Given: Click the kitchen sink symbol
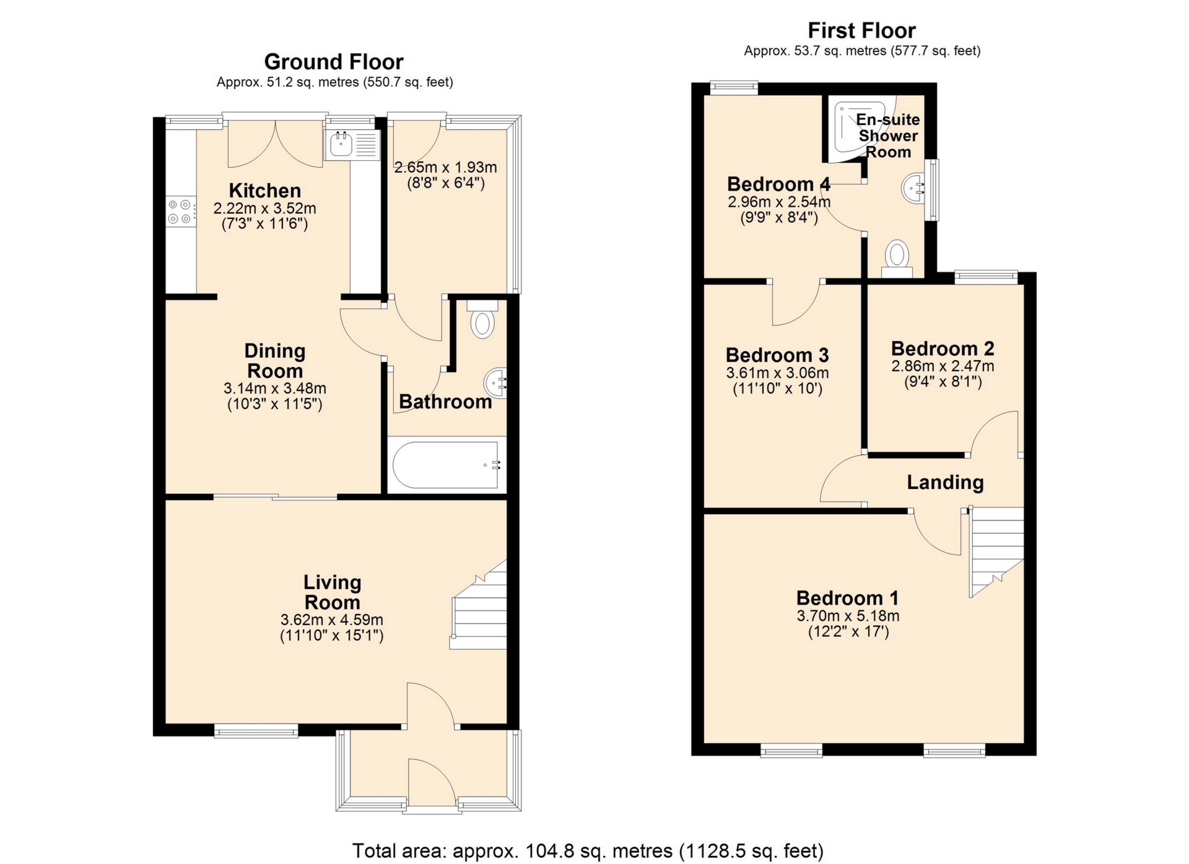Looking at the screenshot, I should pos(351,145).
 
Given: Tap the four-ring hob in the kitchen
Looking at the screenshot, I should pos(180,211).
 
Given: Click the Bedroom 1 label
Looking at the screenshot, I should pos(847,598).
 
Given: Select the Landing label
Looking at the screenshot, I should pos(945,482).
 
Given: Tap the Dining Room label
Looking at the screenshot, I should pos(274,361).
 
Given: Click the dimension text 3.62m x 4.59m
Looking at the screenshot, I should pos(331,620).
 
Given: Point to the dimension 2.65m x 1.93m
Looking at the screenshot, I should pos(445,167).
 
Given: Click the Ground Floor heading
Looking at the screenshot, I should pos(333,62).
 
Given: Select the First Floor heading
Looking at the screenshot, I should pos(861,30).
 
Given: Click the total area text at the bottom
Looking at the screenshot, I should pos(588,851).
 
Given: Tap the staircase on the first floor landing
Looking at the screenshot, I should pos(996,548).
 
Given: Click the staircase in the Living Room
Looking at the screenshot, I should pos(481,610).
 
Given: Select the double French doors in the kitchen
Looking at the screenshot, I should pos(276,144).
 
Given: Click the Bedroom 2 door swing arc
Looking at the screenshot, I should pos(993,433).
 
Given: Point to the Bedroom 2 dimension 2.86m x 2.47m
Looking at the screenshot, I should pos(943,366).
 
